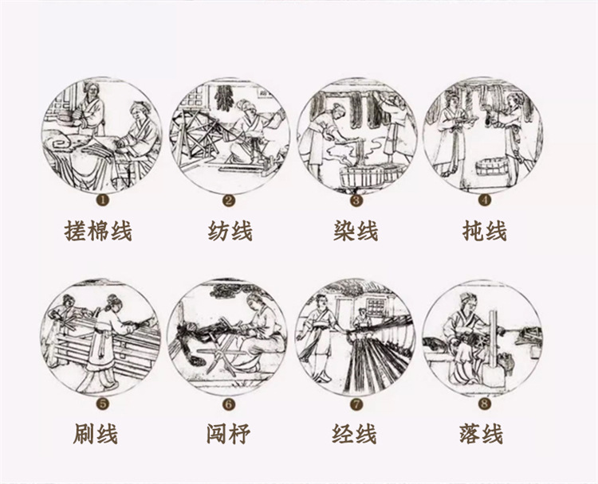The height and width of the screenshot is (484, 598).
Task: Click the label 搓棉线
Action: coord(99,231)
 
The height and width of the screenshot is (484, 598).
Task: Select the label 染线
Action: coord(356,231)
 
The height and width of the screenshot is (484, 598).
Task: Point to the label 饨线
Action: coord(484,231)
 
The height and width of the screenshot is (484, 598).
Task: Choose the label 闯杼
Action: coord(226,434)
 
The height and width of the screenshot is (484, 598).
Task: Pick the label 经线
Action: coord(354,434)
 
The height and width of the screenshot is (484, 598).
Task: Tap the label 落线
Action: coord(482,434)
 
